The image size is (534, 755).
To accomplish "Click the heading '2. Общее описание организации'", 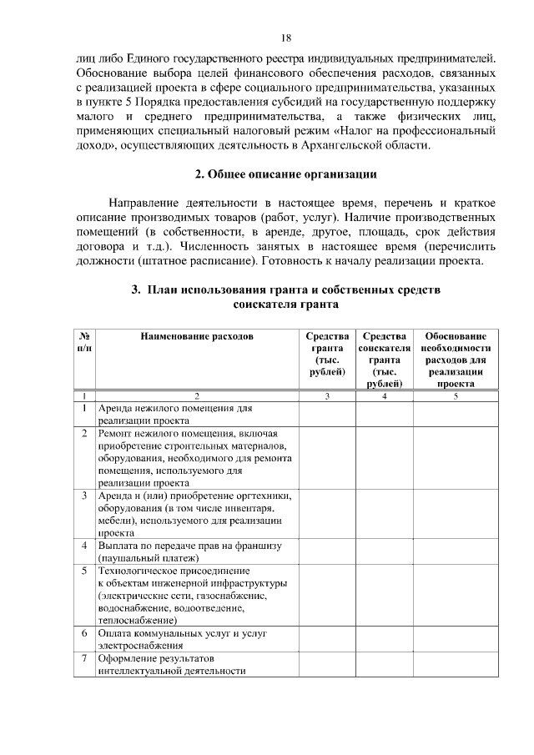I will [285, 174].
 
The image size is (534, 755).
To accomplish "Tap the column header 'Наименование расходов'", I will [196, 336].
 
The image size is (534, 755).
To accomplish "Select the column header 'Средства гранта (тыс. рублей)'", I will [327, 354].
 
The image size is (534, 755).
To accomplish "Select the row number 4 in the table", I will [85, 546].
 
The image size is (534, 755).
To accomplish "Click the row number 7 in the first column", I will [85, 658].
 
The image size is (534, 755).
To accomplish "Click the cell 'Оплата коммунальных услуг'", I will [182, 639].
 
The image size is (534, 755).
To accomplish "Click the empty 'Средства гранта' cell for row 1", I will [327, 415].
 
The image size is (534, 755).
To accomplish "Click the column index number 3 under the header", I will [327, 396].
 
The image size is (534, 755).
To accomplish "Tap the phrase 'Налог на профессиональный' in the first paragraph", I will [421, 131].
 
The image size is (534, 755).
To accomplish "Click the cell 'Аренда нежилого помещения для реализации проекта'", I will [175, 415].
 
